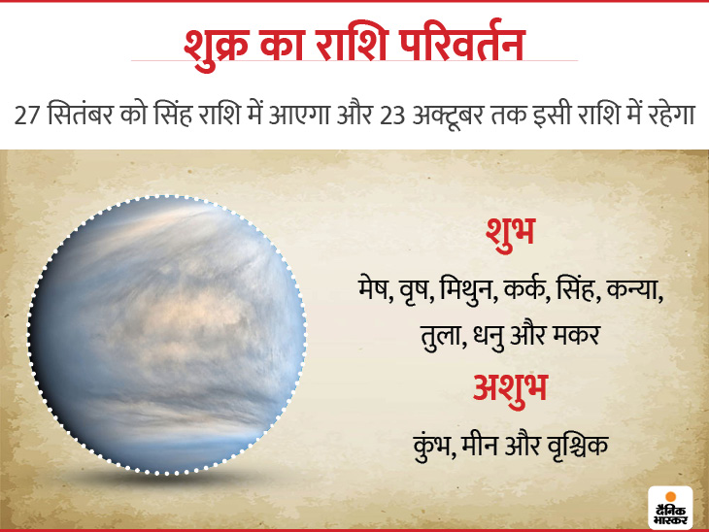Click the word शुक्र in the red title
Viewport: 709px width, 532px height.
pos(216,45)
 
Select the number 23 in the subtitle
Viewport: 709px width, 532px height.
pos(392,116)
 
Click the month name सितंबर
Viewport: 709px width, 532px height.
pos(80,113)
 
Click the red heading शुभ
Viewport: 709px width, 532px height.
pos(511,233)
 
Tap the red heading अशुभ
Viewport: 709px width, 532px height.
pos(510,388)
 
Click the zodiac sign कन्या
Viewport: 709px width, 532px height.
pos(634,288)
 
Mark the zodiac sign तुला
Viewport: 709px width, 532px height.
pos(442,335)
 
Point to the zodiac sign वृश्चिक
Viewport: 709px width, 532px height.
pos(578,445)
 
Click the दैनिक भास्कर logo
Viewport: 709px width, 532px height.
pos(670,508)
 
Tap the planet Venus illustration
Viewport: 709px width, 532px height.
pos(167,335)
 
